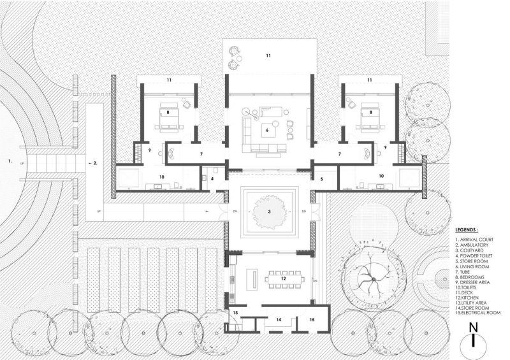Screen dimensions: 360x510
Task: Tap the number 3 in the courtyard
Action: (269, 210)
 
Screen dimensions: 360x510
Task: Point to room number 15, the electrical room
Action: (312, 319)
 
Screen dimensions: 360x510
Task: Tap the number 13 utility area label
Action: (235, 313)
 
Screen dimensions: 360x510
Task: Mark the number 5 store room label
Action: (322, 179)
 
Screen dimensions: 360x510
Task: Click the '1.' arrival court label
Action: (10, 162)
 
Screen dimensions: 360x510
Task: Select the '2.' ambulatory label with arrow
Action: (92, 162)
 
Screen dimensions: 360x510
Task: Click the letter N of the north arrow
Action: (472, 328)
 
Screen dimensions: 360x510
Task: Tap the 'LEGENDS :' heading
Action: (472, 228)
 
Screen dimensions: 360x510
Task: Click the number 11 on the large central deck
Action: (268, 56)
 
